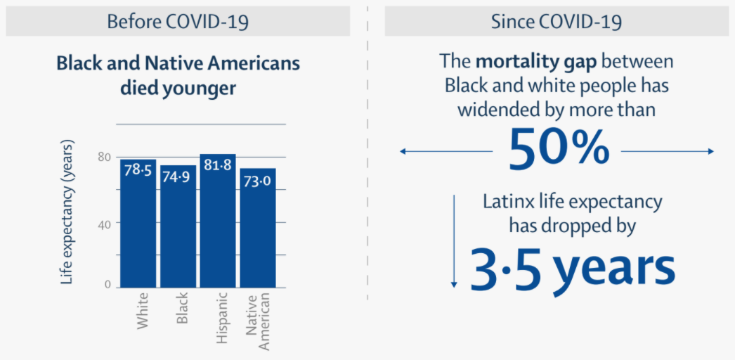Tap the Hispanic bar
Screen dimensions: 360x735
pos(218,232)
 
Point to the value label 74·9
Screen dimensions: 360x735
pos(178,176)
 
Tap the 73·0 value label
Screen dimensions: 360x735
pos(258,179)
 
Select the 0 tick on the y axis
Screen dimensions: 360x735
pos(108,285)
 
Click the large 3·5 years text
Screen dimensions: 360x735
pos(572,267)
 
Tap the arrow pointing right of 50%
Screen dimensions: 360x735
pos(668,151)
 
